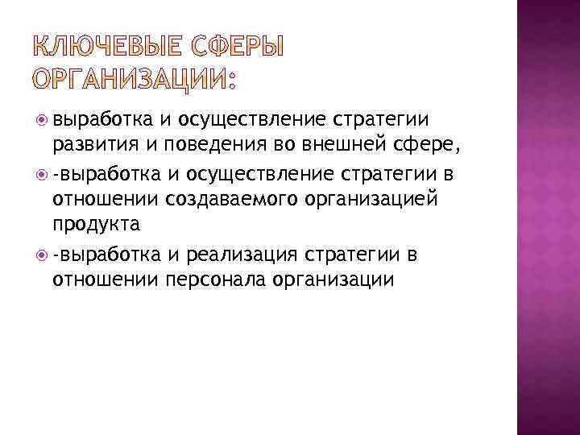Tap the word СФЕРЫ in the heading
[x=238, y=48]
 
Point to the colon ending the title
[x=234, y=81]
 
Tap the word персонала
[x=215, y=280]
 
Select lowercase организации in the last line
[x=333, y=280]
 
